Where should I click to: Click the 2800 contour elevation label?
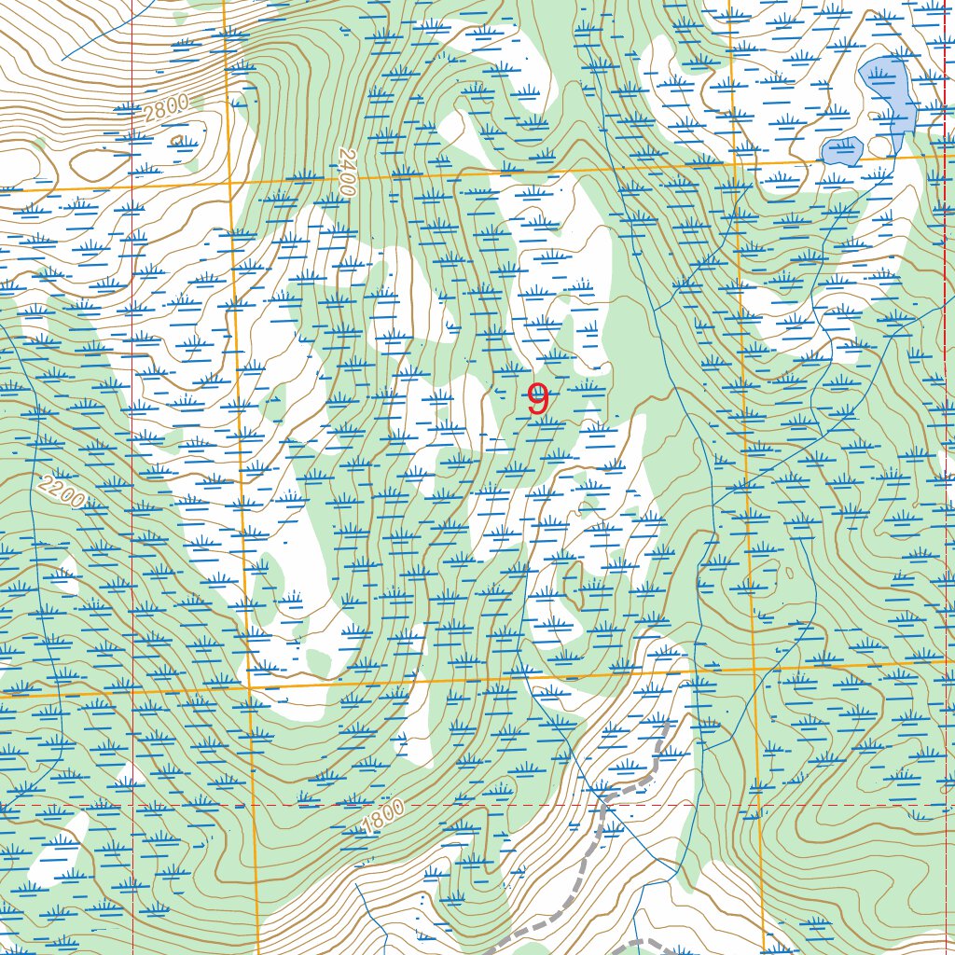click(x=167, y=108)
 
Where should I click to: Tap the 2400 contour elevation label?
click(x=347, y=172)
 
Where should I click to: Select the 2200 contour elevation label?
click(x=62, y=493)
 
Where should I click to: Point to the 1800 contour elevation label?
click(x=383, y=818)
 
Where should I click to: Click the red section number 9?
click(x=538, y=400)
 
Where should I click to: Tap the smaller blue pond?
click(x=841, y=151)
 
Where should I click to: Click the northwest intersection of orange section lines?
click(x=229, y=182)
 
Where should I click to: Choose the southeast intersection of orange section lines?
click(x=753, y=669)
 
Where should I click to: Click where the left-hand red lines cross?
click(x=132, y=804)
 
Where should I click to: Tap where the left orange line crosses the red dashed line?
click(x=254, y=804)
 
